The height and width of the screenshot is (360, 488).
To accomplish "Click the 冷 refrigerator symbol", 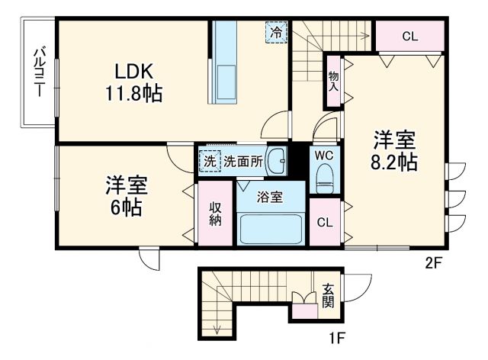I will [x=277, y=33].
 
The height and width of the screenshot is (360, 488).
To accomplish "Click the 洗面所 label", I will [x=243, y=161].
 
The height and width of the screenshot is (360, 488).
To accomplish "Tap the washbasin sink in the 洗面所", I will [x=280, y=161].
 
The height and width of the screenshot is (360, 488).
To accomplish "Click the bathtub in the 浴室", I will [x=270, y=228].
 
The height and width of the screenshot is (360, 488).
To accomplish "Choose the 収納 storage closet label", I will [x=216, y=214].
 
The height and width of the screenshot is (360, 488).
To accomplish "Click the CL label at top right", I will [x=409, y=35].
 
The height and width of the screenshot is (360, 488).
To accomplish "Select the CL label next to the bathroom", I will [x=326, y=223].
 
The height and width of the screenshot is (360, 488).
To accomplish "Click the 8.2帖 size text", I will [x=394, y=163].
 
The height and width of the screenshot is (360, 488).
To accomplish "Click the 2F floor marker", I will [x=433, y=264].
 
